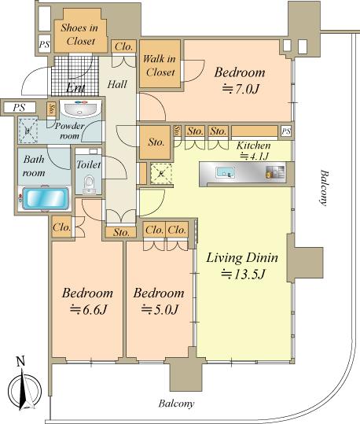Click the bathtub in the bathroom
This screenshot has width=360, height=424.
(x=45, y=198)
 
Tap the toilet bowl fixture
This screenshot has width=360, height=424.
(x=89, y=185)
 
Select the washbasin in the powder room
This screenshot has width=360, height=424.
(x=79, y=109)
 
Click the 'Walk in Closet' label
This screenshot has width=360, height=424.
(x=160, y=65)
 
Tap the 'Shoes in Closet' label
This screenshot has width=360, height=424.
(x=80, y=35)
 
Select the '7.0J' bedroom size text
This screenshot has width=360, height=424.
(x=241, y=89)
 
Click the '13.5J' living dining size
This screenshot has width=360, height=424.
(x=243, y=275)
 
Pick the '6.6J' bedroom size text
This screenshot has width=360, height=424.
(x=88, y=310)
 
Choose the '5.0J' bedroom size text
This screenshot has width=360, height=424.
(x=160, y=310)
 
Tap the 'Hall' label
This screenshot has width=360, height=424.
(x=117, y=84)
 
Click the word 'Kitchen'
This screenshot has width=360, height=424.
(x=254, y=146)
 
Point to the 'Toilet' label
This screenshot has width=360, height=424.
(x=89, y=164)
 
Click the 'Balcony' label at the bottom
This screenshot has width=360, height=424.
(x=176, y=404)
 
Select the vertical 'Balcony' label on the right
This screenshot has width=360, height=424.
(x=324, y=188)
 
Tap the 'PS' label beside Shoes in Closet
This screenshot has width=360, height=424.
(x=44, y=44)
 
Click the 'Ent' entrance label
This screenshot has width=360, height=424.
(x=76, y=88)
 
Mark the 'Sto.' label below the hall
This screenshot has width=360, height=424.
(x=120, y=232)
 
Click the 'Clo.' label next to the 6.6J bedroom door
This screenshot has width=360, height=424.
(x=61, y=227)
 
